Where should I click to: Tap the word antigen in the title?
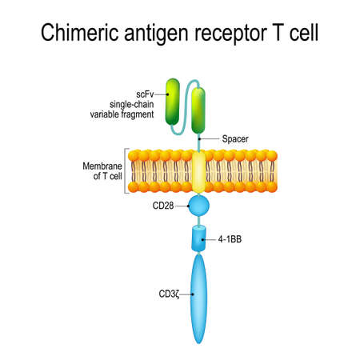[x=154, y=33]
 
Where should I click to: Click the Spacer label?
[x=232, y=139]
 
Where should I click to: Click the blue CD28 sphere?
[x=198, y=207]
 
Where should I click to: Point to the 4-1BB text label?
[x=233, y=238]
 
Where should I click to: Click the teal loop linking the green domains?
[x=186, y=86]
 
